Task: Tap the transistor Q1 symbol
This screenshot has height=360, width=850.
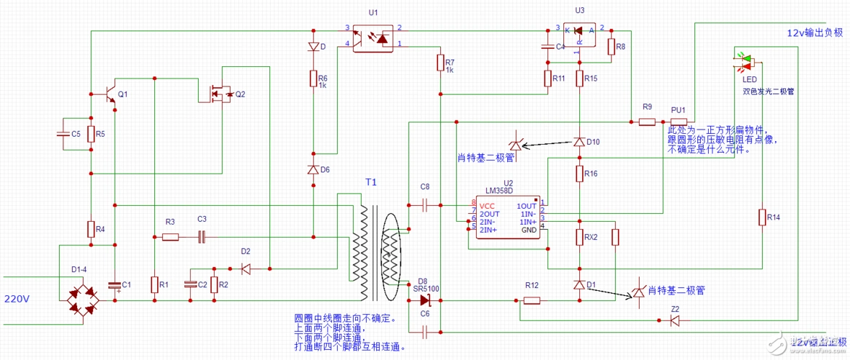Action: (109, 95)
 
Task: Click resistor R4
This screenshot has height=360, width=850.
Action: (91, 230)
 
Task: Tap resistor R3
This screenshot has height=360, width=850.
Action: (170, 236)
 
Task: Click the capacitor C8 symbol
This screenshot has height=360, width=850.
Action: (424, 205)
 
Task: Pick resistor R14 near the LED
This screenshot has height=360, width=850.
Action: (762, 217)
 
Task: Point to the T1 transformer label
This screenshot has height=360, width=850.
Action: (370, 182)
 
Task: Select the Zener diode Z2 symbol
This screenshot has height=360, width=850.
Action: (674, 320)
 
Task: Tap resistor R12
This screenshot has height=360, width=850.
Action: (532, 300)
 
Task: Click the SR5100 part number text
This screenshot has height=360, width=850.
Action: (426, 289)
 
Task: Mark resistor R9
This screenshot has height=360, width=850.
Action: (647, 122)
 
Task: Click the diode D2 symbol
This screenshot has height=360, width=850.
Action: (246, 269)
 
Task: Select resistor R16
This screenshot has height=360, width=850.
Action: (579, 174)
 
